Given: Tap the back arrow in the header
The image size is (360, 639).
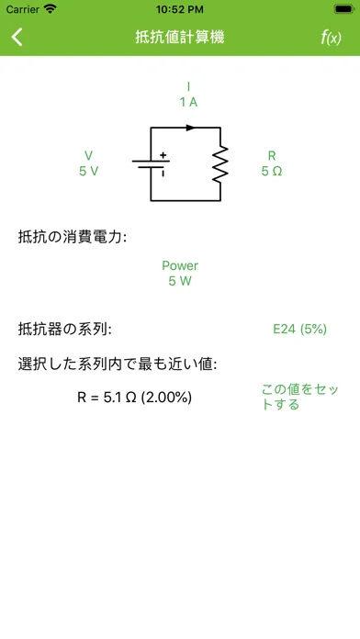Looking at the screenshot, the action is pyautogui.click(x=17, y=37).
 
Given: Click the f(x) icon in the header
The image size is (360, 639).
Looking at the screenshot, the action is pyautogui.click(x=331, y=38).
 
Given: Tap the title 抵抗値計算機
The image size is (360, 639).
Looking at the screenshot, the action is pyautogui.click(x=180, y=37).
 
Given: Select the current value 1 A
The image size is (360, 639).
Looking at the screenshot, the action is pyautogui.click(x=188, y=102).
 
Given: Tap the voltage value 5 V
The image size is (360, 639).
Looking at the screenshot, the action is pyautogui.click(x=88, y=171).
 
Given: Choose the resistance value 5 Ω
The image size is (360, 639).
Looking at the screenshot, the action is pyautogui.click(x=272, y=171).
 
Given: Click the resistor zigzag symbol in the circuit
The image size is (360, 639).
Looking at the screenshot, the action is pyautogui.click(x=220, y=163).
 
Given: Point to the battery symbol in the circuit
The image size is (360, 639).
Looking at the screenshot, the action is pyautogui.click(x=151, y=164).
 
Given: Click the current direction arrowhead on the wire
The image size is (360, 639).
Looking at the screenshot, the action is pyautogui.click(x=190, y=128).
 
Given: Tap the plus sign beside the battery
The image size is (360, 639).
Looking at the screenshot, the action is pyautogui.click(x=163, y=155).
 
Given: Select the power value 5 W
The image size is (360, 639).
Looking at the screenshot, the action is pyautogui.click(x=180, y=281).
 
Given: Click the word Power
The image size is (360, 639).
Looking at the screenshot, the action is pyautogui.click(x=180, y=265).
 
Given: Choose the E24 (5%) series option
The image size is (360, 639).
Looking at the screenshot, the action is pyautogui.click(x=299, y=329).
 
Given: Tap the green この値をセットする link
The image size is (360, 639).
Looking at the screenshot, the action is pyautogui.click(x=299, y=397).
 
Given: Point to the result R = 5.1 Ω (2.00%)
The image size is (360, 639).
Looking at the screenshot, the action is pyautogui.click(x=135, y=398).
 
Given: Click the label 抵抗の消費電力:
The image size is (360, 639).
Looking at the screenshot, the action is pyautogui.click(x=73, y=237).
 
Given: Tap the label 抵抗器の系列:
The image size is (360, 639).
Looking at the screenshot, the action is pyautogui.click(x=64, y=330).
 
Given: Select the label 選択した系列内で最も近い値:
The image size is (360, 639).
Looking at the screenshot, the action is pyautogui.click(x=118, y=364).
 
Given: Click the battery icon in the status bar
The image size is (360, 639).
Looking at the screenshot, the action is pyautogui.click(x=343, y=9).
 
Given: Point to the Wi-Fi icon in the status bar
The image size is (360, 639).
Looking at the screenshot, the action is pyautogui.click(x=51, y=9).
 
